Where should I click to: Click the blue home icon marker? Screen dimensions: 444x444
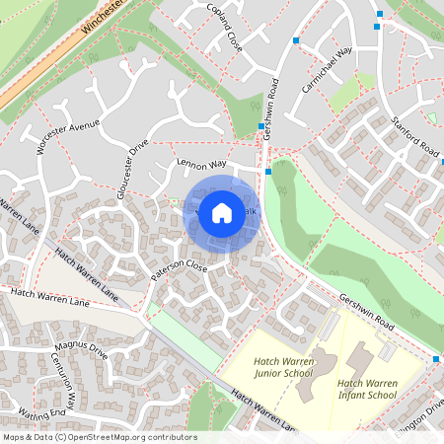click(x=222, y=213)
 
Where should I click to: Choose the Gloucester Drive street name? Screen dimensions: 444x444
click(x=131, y=169)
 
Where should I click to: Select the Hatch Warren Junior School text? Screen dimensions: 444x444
click(x=283, y=369)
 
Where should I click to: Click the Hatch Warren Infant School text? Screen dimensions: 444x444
click(x=367, y=389)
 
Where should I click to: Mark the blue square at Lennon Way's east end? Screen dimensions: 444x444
click(x=268, y=171)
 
